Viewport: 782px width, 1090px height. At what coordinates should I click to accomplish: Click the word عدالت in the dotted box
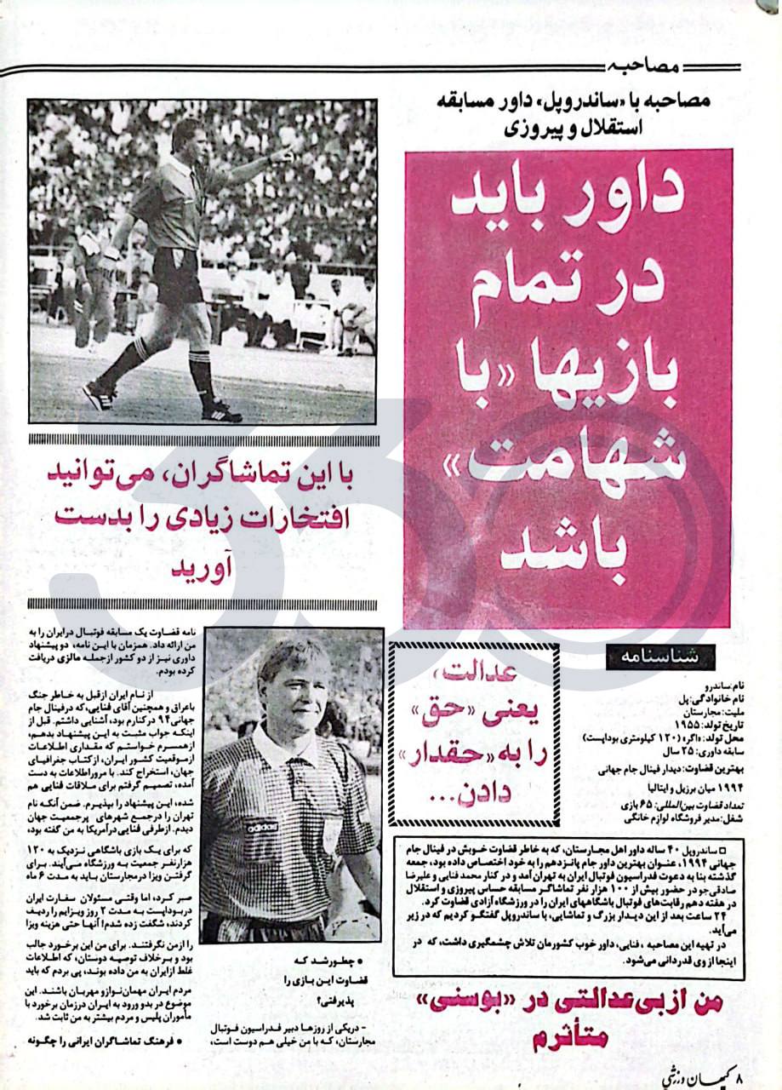coord(471,673)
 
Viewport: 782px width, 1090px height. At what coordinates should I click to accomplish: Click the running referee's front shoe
coord(100,393)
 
